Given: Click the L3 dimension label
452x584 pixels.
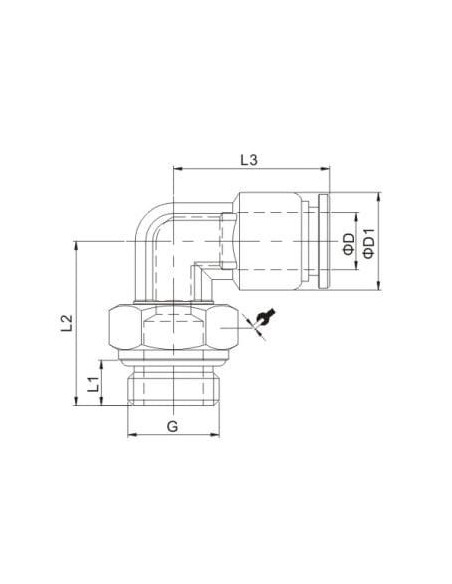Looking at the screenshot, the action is click(x=248, y=160).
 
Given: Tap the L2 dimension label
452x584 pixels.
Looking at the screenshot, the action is click(x=67, y=323).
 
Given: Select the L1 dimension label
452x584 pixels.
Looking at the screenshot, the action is click(x=93, y=384).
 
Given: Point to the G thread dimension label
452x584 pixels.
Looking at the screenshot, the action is click(x=172, y=426).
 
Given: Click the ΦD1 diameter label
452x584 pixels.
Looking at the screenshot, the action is click(x=369, y=243).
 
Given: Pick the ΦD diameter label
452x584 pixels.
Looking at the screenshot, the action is click(x=349, y=244).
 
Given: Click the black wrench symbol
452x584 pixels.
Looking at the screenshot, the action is click(x=266, y=317).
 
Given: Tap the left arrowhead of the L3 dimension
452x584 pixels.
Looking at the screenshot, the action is click(x=178, y=169).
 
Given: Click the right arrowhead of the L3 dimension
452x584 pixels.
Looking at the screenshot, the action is click(x=326, y=169).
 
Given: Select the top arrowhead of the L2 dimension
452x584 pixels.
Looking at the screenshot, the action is click(x=76, y=246).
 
